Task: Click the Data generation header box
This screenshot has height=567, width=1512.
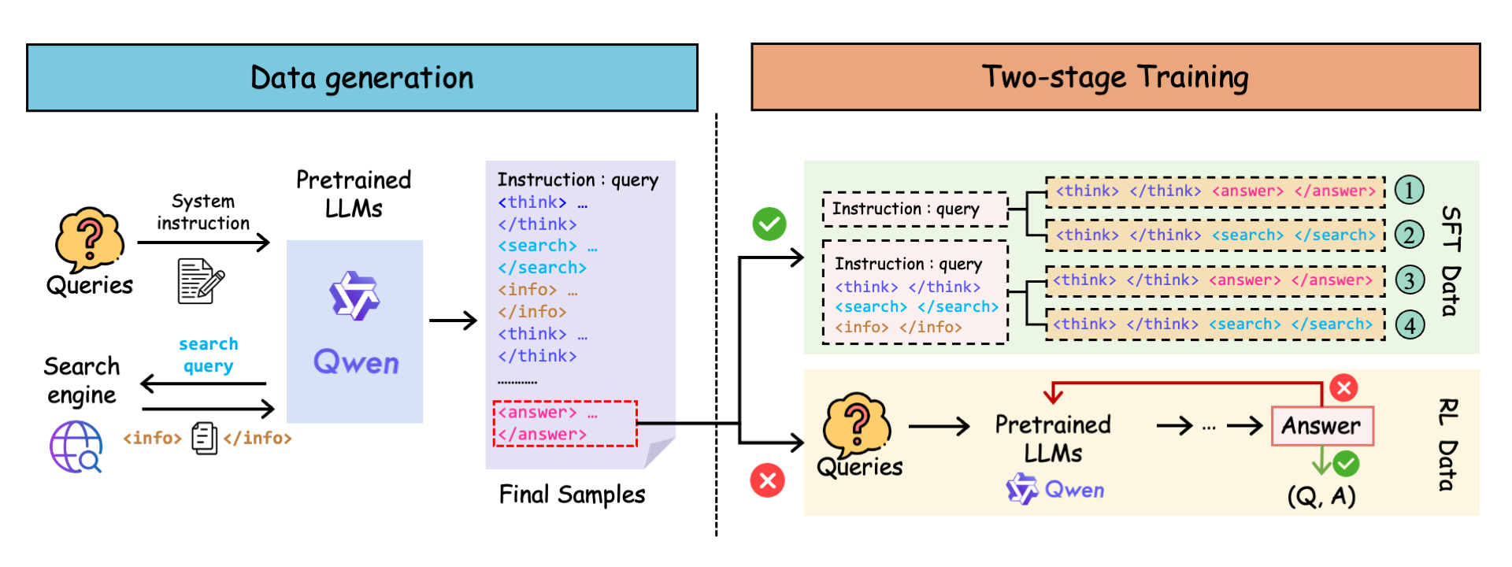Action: (362, 77)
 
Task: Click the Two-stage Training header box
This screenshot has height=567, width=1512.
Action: (1115, 77)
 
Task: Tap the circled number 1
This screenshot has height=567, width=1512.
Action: (1409, 190)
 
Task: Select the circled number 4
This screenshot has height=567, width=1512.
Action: (1410, 324)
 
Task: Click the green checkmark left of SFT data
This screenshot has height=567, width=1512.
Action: (769, 224)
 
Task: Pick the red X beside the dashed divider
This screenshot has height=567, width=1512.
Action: (768, 480)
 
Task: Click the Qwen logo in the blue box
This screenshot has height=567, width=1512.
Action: (355, 296)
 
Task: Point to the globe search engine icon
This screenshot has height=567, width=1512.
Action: (76, 447)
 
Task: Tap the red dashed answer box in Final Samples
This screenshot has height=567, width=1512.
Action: (565, 424)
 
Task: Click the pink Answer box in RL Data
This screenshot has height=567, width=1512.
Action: (1322, 426)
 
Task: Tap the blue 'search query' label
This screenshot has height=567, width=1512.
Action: (209, 354)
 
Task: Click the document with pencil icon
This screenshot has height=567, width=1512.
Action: (200, 280)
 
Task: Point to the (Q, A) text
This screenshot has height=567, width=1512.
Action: (1321, 496)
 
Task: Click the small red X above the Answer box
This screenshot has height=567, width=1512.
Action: (1343, 387)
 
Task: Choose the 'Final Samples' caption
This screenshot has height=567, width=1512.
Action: (572, 495)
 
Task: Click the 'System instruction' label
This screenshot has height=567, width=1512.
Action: (203, 212)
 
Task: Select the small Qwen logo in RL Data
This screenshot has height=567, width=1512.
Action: (1023, 489)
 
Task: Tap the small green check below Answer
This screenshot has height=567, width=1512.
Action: (1346, 464)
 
